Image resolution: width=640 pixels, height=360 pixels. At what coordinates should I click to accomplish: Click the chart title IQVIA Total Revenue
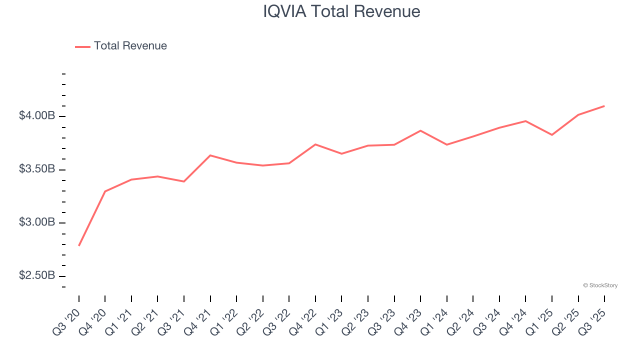[341, 11]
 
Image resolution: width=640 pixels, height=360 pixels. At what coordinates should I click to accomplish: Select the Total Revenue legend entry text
[130, 46]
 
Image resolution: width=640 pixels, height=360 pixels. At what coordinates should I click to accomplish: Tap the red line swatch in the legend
[82, 46]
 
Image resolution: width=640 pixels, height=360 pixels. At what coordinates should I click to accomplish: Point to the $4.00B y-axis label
[37, 116]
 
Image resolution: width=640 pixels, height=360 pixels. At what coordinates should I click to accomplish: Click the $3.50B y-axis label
[37, 169]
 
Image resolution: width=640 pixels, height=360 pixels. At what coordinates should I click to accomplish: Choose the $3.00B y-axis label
[37, 222]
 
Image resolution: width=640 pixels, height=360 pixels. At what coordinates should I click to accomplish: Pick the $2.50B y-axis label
[37, 276]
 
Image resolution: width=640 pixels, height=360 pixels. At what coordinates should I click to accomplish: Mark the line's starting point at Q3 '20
[79, 245]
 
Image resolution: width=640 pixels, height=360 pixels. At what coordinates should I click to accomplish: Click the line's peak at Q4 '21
[210, 155]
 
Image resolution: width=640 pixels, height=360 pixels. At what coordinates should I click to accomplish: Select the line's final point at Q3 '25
[604, 106]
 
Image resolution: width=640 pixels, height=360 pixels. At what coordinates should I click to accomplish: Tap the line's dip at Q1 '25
[551, 135]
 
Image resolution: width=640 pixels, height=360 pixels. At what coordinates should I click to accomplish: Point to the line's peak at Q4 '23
[420, 130]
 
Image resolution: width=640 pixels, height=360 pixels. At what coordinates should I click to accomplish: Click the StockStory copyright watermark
[600, 285]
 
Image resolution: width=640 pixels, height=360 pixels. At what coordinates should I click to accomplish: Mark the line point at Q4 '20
[105, 191]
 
